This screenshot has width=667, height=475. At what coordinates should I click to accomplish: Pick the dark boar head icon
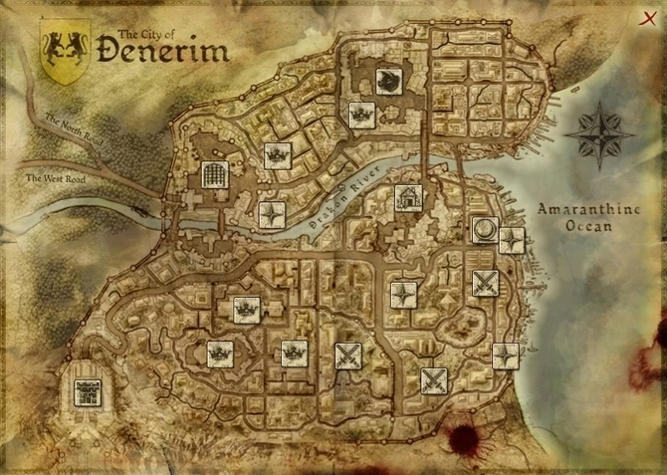click(388, 79)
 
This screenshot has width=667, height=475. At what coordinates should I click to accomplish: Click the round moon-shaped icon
click(485, 230)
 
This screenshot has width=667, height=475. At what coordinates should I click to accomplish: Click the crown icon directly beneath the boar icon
click(360, 115)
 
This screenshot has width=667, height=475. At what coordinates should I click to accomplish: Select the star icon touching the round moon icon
click(511, 240)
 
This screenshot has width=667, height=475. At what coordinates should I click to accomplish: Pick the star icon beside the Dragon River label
click(272, 214)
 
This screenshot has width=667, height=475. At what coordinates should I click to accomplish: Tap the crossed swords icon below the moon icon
click(485, 284)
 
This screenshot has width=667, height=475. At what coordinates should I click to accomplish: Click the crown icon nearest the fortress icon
click(219, 353)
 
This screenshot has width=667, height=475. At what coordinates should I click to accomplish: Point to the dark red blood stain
click(465, 438)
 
